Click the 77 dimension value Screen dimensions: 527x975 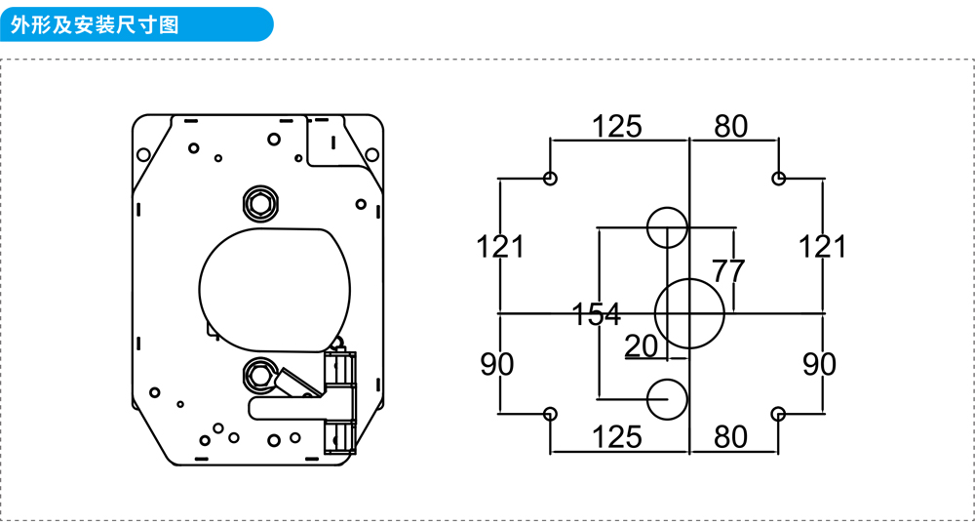(728, 271)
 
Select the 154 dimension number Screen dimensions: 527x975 (596, 314)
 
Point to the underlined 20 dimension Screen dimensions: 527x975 (642, 345)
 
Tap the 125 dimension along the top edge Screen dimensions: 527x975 (617, 126)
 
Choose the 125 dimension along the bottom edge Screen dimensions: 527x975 (617, 437)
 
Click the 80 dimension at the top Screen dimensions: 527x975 (730, 126)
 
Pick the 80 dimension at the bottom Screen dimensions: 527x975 (730, 437)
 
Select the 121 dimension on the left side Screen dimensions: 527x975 (500, 247)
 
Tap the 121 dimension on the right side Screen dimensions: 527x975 (823, 247)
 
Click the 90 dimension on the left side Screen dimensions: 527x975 (497, 364)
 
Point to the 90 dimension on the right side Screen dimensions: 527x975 (820, 364)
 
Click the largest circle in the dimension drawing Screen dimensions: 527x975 (689, 313)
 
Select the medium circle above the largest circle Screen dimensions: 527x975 (667, 227)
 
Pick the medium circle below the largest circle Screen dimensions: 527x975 (668, 399)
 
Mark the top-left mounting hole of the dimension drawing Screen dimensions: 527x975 (550, 179)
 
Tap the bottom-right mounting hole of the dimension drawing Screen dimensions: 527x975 (778, 414)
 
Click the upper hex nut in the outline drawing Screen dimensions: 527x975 (261, 203)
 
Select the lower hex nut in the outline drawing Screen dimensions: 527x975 (259, 373)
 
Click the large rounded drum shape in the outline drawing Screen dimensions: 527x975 (274, 288)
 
